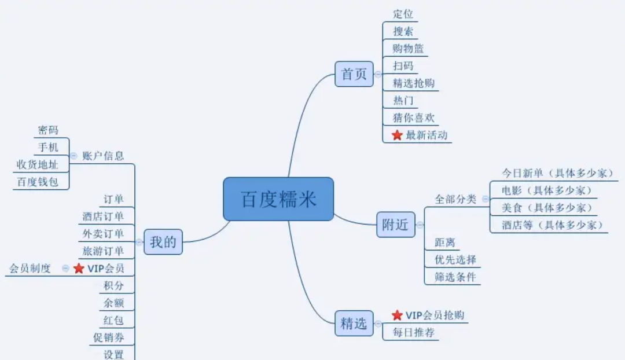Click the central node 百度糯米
pyautogui.click(x=278, y=199)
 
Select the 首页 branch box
pyautogui.click(x=354, y=74)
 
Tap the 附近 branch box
pyautogui.click(x=396, y=225)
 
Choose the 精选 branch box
pyautogui.click(x=354, y=323)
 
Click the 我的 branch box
pyautogui.click(x=163, y=241)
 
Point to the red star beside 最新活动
pyautogui.click(x=397, y=135)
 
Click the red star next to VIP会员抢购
pyautogui.click(x=397, y=315)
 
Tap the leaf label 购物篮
pyautogui.click(x=409, y=49)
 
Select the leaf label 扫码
pyautogui.click(x=403, y=66)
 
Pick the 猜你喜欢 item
pyautogui.click(x=413, y=118)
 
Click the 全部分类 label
pyautogui.click(x=455, y=199)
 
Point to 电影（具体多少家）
pyautogui.click(x=546, y=190)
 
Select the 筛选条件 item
pyautogui.click(x=455, y=277)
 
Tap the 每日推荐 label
pyautogui.click(x=413, y=333)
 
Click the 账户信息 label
pyautogui.click(x=103, y=156)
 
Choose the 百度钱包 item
pyautogui.click(x=38, y=182)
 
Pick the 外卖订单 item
pyautogui.click(x=103, y=234)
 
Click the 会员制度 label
pyautogui.click(x=30, y=269)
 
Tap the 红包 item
pyautogui.click(x=113, y=320)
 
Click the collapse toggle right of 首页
pyautogui.click(x=378, y=74)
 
